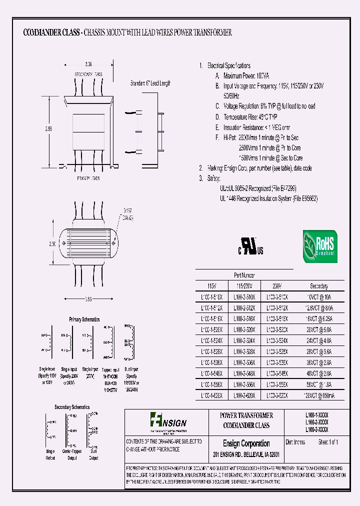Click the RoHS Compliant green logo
[319, 246]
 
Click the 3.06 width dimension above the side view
[88, 64]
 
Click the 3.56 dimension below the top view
[88, 298]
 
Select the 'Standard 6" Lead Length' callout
[150, 83]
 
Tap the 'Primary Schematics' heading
[84, 319]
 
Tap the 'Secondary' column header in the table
[318, 286]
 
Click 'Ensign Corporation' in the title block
[246, 443]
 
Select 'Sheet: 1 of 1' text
[325, 442]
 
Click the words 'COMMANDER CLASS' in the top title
[51, 32]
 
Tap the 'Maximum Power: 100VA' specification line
[245, 76]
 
